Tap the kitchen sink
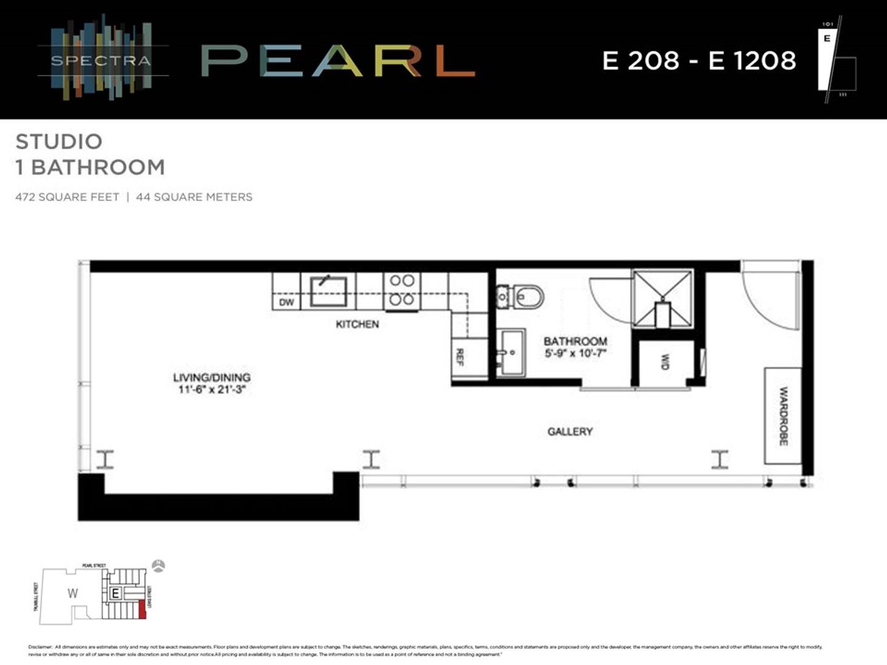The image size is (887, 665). [328, 291]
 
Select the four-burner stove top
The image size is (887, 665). [402, 290]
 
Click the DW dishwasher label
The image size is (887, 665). [286, 302]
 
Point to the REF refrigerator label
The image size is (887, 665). [460, 357]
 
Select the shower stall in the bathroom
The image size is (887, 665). [662, 299]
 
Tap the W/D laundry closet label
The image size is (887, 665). [665, 361]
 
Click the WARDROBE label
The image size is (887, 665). [784, 416]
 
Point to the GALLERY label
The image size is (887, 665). [570, 432]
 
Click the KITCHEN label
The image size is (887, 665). [357, 324]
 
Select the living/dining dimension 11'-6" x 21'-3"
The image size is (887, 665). [212, 389]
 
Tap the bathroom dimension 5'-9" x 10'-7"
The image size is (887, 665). [575, 353]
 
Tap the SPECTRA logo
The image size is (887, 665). [101, 60]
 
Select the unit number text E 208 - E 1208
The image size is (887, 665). [699, 60]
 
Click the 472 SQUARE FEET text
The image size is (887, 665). [67, 197]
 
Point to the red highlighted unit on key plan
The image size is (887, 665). [143, 610]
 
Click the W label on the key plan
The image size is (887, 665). [73, 594]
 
